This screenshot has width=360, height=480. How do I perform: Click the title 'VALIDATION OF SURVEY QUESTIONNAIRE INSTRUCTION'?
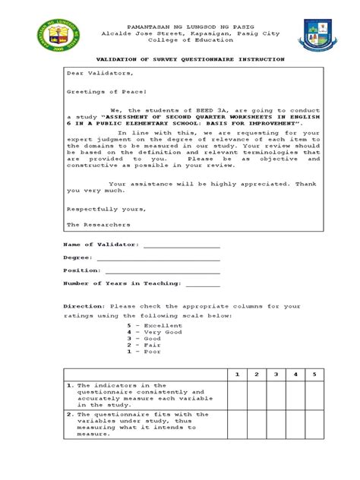click(x=179, y=58)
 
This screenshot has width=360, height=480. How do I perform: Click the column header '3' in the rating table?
click(x=276, y=374)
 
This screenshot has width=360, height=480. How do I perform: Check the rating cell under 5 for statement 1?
click(x=314, y=395)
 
